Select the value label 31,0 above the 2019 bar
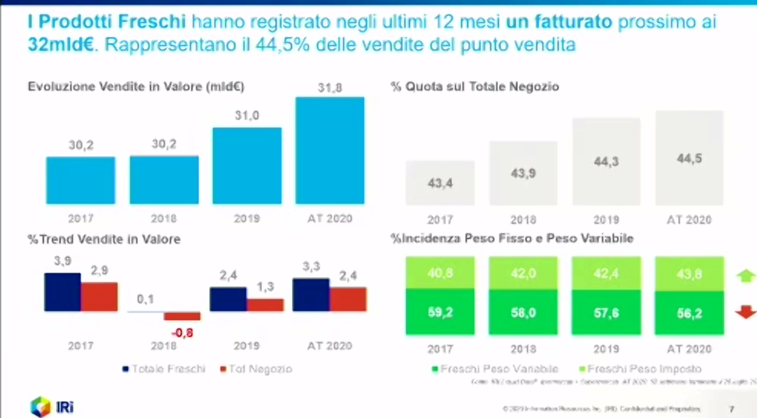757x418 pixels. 247,115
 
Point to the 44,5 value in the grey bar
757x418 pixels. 690,158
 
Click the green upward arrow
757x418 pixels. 743,275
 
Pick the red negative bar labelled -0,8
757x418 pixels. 182,316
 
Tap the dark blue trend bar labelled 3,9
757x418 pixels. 62,292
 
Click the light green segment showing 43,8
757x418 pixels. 690,273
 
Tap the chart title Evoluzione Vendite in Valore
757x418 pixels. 141,87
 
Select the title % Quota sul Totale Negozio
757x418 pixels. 474,87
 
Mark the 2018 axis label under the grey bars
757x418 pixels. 523,220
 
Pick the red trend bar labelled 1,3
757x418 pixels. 265,304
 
